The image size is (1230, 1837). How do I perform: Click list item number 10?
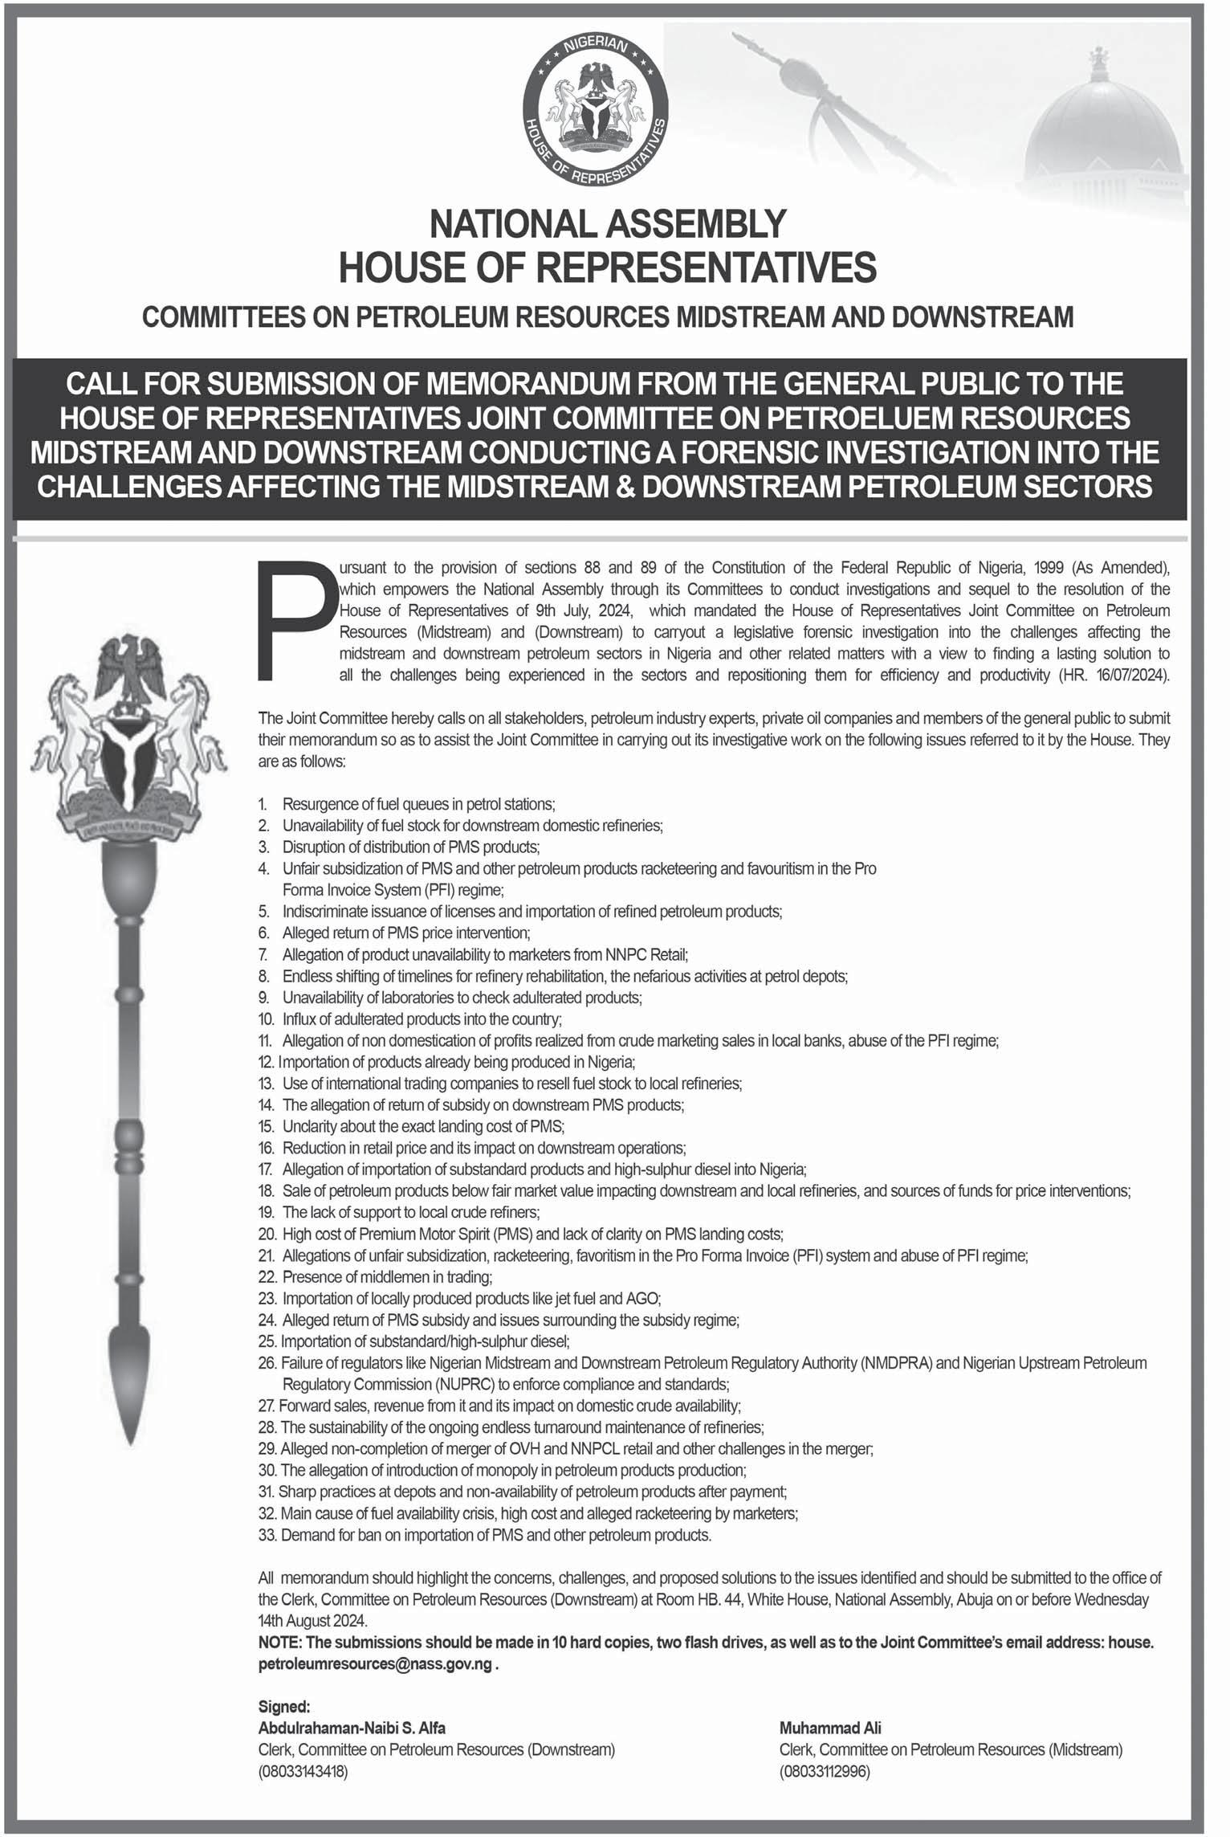pyautogui.click(x=409, y=1019)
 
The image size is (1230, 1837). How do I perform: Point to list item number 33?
pyautogui.click(x=485, y=1534)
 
